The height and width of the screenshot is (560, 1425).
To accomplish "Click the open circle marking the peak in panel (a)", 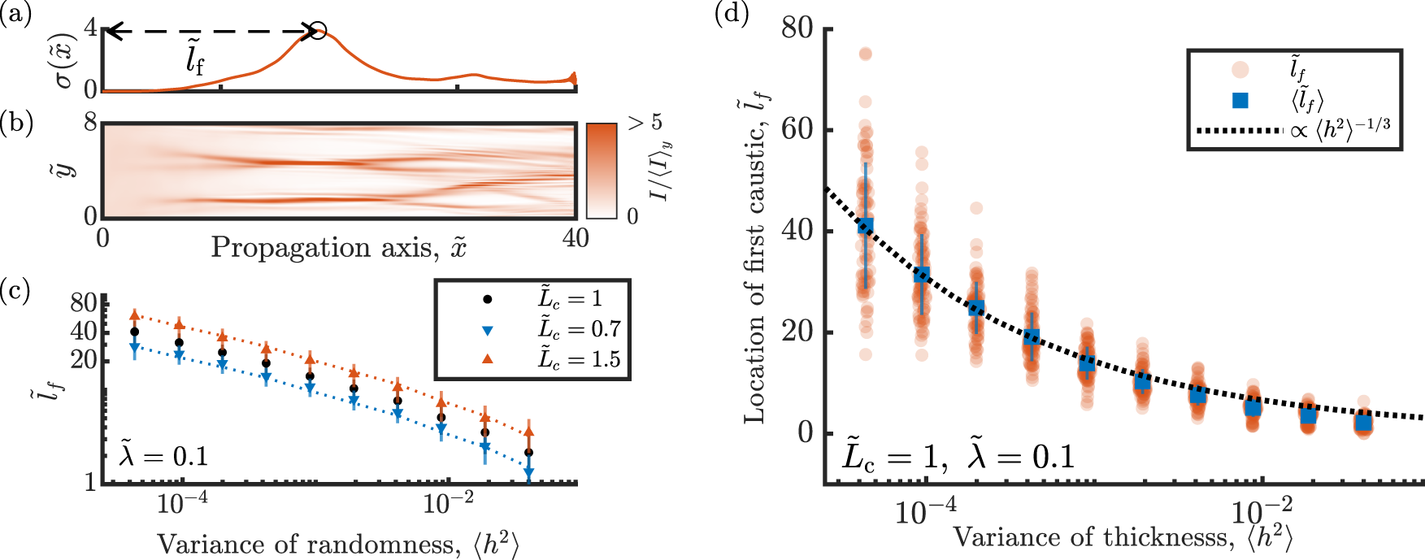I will [318, 32].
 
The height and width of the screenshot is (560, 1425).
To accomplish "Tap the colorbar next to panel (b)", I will [601, 170].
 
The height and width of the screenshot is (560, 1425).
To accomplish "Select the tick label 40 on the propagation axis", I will [576, 238].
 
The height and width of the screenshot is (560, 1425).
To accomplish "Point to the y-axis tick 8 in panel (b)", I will [90, 123].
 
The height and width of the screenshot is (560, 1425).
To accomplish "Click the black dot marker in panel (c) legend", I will [488, 299].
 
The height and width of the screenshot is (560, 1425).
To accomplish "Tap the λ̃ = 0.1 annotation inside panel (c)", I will [163, 456].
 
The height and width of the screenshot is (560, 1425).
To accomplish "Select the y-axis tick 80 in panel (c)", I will [84, 303].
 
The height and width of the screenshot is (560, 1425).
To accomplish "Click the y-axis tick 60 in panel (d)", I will [797, 130].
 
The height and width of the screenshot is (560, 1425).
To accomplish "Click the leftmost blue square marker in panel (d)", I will [866, 225].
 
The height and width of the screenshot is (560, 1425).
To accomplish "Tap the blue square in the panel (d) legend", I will [1240, 100].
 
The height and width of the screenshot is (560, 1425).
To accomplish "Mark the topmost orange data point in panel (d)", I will [866, 54].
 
